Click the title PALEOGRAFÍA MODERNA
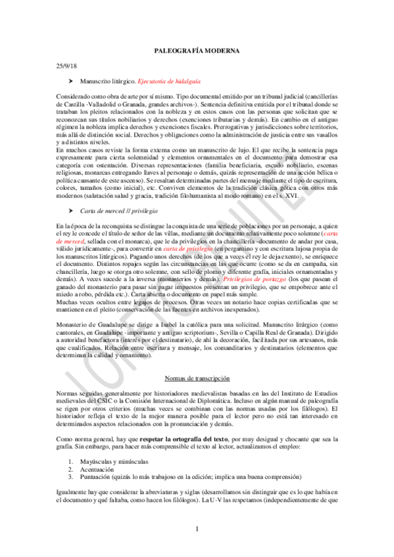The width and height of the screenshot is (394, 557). pos(197,50)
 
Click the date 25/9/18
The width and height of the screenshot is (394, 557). pos(66,67)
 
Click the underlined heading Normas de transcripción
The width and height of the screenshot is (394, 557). pos(197,379)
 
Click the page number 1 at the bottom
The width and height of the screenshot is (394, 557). pos(197,529)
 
